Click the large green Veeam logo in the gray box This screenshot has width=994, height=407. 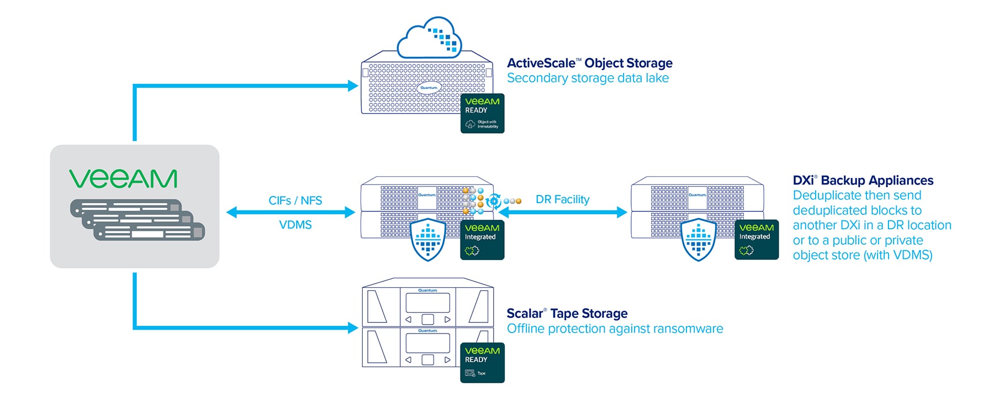(x=123, y=179)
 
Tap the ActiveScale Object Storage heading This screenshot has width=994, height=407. (x=589, y=63)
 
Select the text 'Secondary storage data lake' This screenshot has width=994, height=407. (x=588, y=78)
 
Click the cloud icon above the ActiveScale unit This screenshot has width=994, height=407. (x=429, y=38)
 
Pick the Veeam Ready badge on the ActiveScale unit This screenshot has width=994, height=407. (x=482, y=113)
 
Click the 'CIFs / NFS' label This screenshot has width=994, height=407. (x=295, y=200)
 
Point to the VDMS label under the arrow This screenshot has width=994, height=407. (x=295, y=225)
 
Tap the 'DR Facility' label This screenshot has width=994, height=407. (x=562, y=199)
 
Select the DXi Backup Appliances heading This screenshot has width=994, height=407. (x=863, y=180)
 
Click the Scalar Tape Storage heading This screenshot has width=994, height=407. (x=567, y=314)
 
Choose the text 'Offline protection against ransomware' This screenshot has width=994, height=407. (x=615, y=329)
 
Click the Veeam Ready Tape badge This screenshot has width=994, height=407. (x=482, y=362)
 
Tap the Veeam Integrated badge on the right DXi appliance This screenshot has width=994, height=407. (x=757, y=239)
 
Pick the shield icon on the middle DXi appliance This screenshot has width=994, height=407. (x=428, y=240)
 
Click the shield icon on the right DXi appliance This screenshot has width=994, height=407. (x=699, y=240)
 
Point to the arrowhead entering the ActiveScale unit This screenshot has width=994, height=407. (x=353, y=86)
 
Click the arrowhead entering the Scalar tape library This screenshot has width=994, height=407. (x=353, y=327)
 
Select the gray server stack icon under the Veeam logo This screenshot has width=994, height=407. (x=138, y=220)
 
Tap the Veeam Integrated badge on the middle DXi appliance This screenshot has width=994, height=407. (x=482, y=240)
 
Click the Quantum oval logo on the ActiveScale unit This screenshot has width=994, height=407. (x=429, y=88)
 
